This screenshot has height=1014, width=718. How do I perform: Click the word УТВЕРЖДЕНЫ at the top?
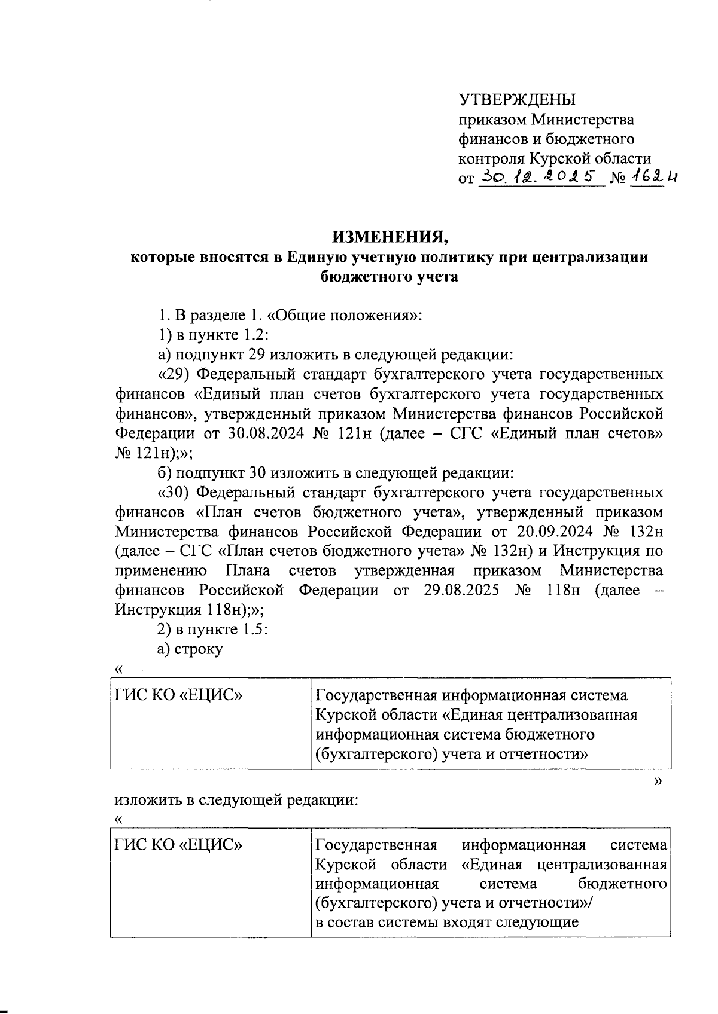tap(517, 100)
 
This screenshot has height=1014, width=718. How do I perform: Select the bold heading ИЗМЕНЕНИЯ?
tap(390, 237)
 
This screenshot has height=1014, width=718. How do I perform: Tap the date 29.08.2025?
tap(461, 591)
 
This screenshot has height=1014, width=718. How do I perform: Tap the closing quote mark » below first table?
tap(658, 781)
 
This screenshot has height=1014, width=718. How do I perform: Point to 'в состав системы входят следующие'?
tap(446, 922)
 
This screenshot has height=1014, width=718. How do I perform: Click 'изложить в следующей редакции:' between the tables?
tap(237, 800)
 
